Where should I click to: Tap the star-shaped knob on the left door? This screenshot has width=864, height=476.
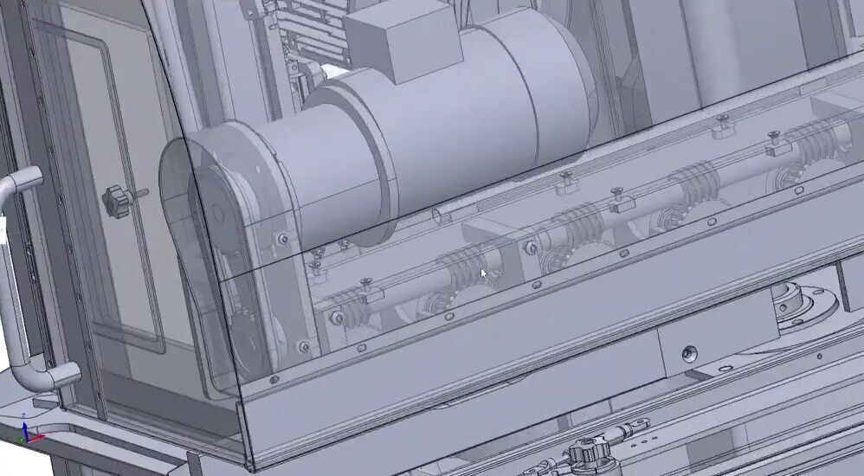(x=115, y=201)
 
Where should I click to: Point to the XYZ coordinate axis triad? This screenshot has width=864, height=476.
(x=29, y=433)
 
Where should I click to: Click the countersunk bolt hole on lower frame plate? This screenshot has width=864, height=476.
(x=689, y=353)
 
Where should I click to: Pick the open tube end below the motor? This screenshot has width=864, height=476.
(x=438, y=213)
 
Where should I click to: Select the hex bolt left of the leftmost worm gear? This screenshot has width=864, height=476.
(x=336, y=318)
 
